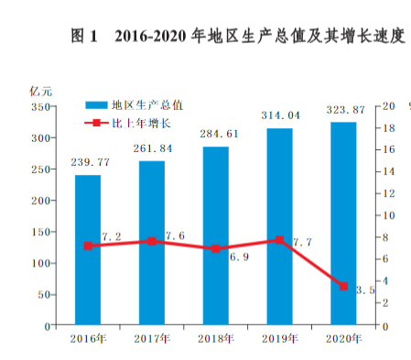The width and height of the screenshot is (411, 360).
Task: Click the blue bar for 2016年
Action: point(88,250)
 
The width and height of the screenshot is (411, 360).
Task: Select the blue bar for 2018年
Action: point(216,235)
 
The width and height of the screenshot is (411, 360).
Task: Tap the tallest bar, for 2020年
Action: point(343,224)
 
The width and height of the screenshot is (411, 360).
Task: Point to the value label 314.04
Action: point(280,116)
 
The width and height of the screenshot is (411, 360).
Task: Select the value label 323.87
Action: point(344,110)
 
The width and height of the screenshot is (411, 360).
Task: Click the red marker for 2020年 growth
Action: point(343,287)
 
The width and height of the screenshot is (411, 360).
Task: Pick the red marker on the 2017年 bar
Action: point(152,242)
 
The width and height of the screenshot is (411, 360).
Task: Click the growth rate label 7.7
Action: point(303,243)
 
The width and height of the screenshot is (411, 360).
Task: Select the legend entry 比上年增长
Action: point(142,122)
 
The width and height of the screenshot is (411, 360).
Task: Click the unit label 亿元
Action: point(41,90)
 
